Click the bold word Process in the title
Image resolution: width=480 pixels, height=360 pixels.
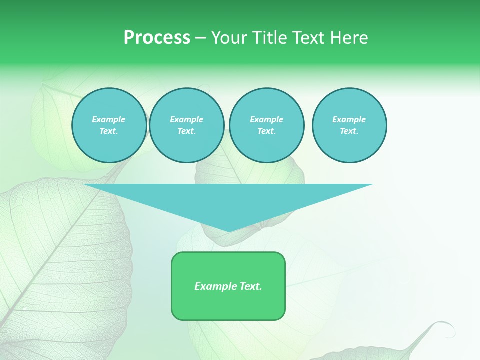pyautogui.click(x=157, y=38)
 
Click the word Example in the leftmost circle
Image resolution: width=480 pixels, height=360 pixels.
pyautogui.click(x=109, y=119)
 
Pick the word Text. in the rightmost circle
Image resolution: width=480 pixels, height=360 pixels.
pyautogui.click(x=349, y=131)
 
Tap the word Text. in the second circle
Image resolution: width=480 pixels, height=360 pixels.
pyautogui.click(x=187, y=131)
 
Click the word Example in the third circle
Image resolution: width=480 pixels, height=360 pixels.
pyautogui.click(x=266, y=119)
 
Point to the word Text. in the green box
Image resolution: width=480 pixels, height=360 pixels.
pyautogui.click(x=250, y=286)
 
